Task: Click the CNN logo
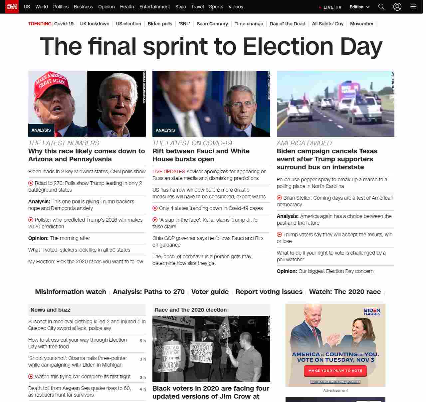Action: click(x=12, y=7)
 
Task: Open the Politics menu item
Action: click(x=61, y=7)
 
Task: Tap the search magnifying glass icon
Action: click(x=381, y=7)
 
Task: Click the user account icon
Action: click(x=397, y=7)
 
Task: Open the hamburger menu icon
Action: click(x=413, y=7)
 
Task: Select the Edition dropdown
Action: click(x=359, y=7)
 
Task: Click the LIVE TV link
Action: click(x=330, y=7)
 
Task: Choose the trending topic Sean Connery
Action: click(x=212, y=24)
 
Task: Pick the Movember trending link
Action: click(x=361, y=24)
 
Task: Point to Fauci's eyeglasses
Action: click(x=242, y=105)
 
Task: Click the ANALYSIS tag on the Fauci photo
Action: click(x=165, y=130)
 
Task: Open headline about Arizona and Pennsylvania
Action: click(x=87, y=155)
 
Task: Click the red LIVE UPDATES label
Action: click(x=169, y=172)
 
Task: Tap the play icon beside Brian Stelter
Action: click(x=279, y=198)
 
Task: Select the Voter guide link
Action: click(x=210, y=292)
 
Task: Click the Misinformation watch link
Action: click(x=71, y=292)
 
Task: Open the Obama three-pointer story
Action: click(x=78, y=361)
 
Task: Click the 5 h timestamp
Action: click(x=142, y=341)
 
